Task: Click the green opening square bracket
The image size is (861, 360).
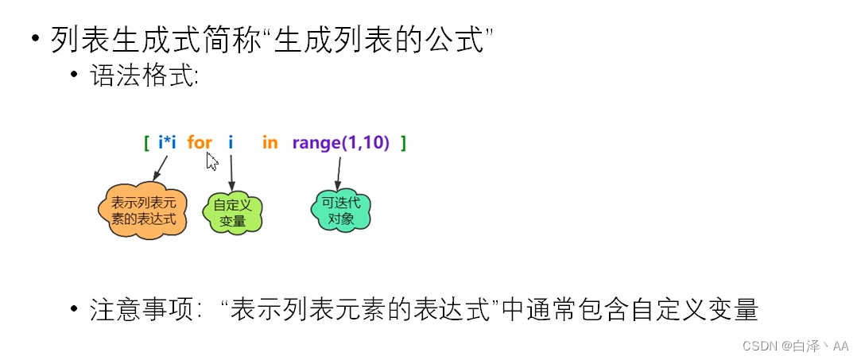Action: pyautogui.click(x=147, y=143)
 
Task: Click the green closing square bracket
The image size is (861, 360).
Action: pyautogui.click(x=404, y=143)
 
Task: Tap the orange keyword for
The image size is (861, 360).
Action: pyautogui.click(x=200, y=143)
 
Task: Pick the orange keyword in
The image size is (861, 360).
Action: pyautogui.click(x=270, y=143)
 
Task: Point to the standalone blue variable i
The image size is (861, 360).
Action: pyautogui.click(x=231, y=143)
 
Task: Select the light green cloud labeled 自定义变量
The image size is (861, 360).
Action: pyautogui.click(x=232, y=212)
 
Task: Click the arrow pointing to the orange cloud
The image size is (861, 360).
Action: pyautogui.click(x=160, y=168)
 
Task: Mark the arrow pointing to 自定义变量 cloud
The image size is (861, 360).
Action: pyautogui.click(x=231, y=172)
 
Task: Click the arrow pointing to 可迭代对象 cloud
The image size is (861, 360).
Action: pyautogui.click(x=339, y=172)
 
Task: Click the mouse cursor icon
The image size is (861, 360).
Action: pyautogui.click(x=211, y=161)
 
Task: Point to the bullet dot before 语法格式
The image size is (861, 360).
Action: pyautogui.click(x=75, y=76)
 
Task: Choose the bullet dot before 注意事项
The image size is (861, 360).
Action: pyautogui.click(x=75, y=309)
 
